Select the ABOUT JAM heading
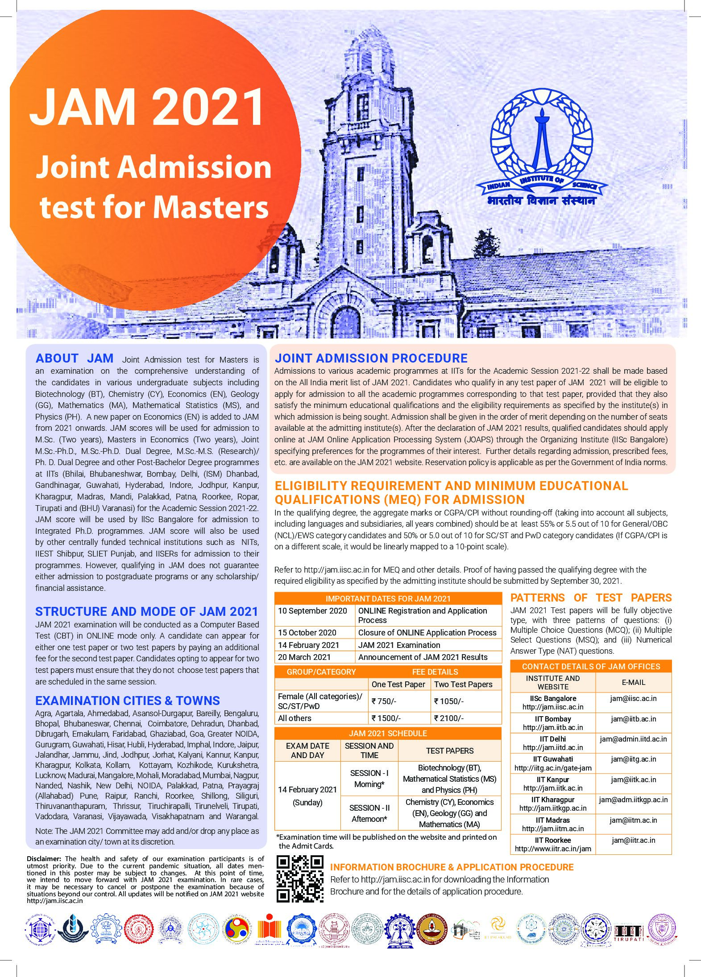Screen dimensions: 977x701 [x=74, y=359]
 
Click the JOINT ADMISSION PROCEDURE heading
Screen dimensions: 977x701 [x=371, y=358]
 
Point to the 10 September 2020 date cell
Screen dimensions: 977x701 [x=312, y=611]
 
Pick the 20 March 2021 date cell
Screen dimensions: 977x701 [x=304, y=657]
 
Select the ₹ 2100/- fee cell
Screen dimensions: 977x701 [x=449, y=718]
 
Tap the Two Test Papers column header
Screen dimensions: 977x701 [x=463, y=684]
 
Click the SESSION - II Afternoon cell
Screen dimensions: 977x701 [x=369, y=813]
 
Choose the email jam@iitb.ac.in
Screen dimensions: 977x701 [x=634, y=719]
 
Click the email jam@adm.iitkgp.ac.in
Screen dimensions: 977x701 [x=633, y=800]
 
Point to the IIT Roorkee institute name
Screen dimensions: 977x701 [x=553, y=840]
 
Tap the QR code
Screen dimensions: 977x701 [x=300, y=879]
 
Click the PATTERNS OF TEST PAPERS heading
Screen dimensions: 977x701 [x=591, y=598]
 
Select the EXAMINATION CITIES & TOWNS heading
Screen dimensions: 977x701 [x=128, y=701]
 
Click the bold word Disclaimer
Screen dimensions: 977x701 [x=44, y=858]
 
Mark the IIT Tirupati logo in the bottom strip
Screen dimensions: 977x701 [x=628, y=932]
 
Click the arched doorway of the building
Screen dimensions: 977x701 [x=345, y=322]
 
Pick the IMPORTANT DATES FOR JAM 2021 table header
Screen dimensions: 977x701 [x=388, y=598]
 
